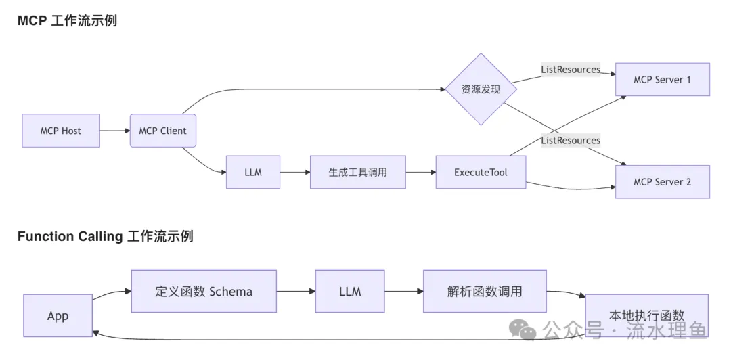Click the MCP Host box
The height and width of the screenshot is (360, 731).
[61, 131]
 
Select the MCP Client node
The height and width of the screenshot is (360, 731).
[162, 131]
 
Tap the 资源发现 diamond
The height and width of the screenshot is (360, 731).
[481, 89]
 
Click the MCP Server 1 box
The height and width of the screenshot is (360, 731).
[662, 80]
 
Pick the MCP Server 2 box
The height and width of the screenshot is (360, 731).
[662, 182]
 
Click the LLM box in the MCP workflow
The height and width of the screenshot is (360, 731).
[252, 172]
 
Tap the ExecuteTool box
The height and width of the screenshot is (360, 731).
[481, 172]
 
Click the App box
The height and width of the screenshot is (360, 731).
[58, 316]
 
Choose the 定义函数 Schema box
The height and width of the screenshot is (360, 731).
[204, 292]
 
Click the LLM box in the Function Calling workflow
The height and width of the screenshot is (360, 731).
[349, 292]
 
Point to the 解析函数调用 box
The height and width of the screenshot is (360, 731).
[485, 292]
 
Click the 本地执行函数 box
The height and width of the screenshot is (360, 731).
[646, 315]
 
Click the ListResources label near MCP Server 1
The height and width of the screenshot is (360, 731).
[571, 70]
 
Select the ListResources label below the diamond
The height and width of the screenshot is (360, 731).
[571, 140]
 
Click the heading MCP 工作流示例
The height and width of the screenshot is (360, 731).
[67, 20]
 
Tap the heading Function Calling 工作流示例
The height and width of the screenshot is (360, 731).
[105, 236]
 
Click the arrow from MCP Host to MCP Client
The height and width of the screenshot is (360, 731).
[114, 131]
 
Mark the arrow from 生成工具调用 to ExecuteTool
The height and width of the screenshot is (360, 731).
[420, 172]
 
